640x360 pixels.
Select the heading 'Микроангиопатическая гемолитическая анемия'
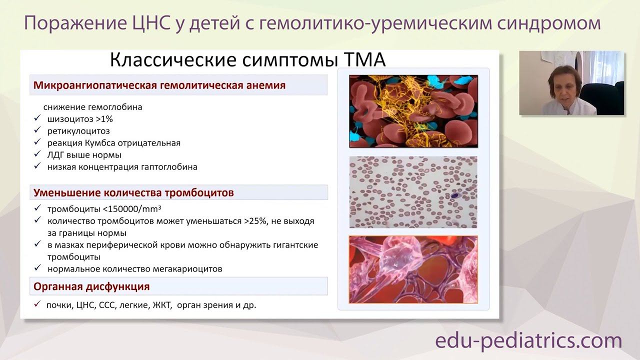coord(159,85)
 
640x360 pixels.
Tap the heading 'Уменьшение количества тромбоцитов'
coord(133,192)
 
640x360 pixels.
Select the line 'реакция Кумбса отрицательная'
coord(113,143)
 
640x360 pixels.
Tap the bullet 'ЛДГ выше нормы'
coord(84,155)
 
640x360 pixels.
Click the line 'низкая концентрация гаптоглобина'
coord(122,167)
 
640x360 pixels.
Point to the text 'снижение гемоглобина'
coord(92,107)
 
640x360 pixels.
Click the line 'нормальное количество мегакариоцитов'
coord(134,269)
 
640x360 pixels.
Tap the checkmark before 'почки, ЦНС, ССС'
coord(36,304)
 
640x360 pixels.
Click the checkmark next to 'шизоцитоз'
coord(36,118)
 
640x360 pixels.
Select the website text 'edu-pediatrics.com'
coord(528,341)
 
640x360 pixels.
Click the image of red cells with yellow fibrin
coord(413,111)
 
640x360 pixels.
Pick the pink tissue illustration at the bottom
coord(413,269)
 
